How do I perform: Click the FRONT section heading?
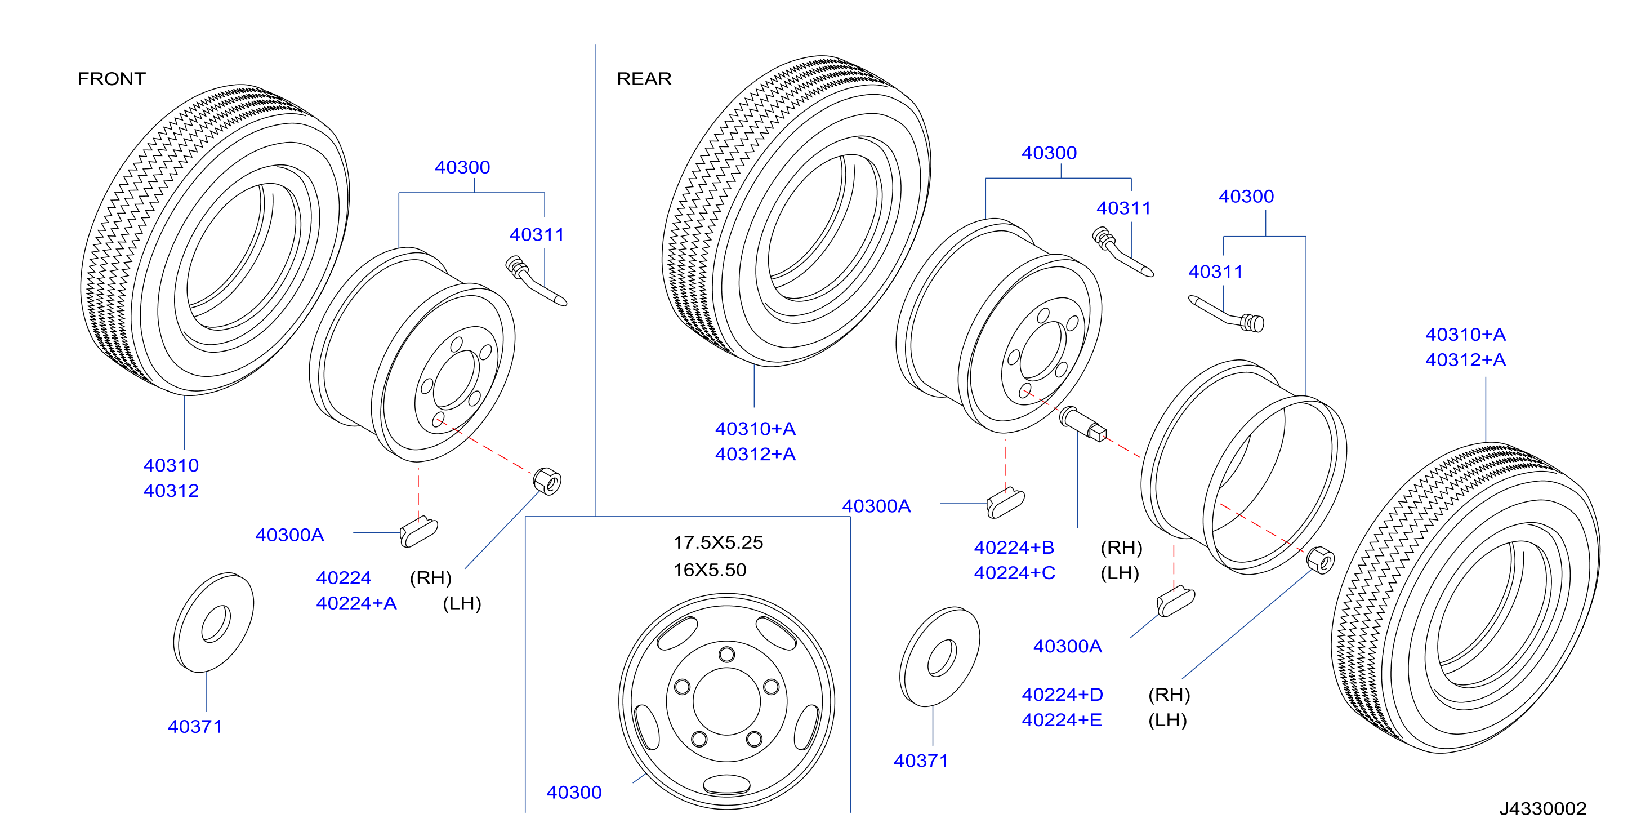[x=112, y=79]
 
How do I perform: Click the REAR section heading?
[x=644, y=79]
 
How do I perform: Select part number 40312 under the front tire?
[x=171, y=491]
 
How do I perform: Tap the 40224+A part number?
[x=356, y=603]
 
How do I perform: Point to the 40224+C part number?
[x=1015, y=573]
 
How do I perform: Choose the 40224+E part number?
[x=1062, y=720]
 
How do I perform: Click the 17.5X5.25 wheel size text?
[x=718, y=542]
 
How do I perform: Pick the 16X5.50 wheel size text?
[x=710, y=570]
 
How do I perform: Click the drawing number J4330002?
[x=1542, y=808]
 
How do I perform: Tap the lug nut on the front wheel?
[x=547, y=481]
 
